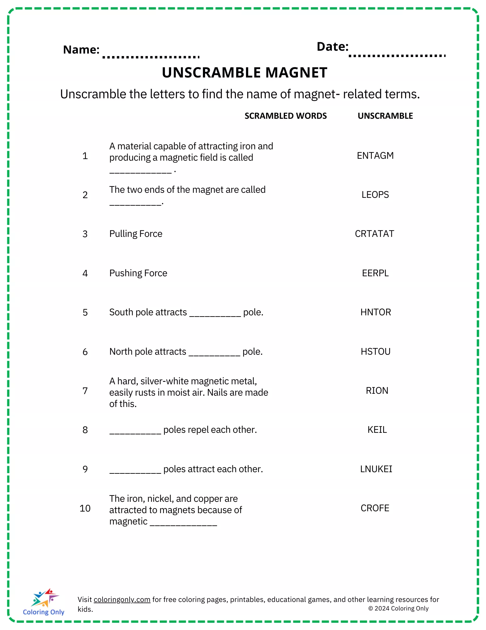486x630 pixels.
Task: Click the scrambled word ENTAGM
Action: pos(375,156)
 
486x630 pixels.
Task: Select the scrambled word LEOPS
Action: pos(375,195)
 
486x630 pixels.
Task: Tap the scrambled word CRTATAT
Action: pos(374,234)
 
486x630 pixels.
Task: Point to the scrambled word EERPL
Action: pos(375,273)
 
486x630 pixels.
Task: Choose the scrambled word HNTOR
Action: pos(376,312)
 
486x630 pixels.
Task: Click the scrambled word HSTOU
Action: pos(376,352)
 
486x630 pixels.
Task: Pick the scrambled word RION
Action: pos(377,391)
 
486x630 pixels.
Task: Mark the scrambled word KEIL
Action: pos(377,430)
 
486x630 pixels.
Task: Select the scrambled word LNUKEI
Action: pos(376,469)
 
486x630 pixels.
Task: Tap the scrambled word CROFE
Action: pos(375,508)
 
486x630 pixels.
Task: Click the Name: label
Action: pos(81,50)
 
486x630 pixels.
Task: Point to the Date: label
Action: pos(332,47)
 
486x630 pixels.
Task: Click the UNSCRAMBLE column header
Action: pos(385,116)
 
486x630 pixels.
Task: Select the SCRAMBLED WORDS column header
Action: pos(286,116)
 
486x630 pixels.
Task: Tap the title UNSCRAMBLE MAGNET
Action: pos(244,73)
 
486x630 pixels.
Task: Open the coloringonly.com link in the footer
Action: pos(122,599)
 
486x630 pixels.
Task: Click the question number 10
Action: pos(85,508)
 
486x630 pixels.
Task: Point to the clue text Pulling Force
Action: pos(136,234)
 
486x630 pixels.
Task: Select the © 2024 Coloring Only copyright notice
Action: pos(398,609)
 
